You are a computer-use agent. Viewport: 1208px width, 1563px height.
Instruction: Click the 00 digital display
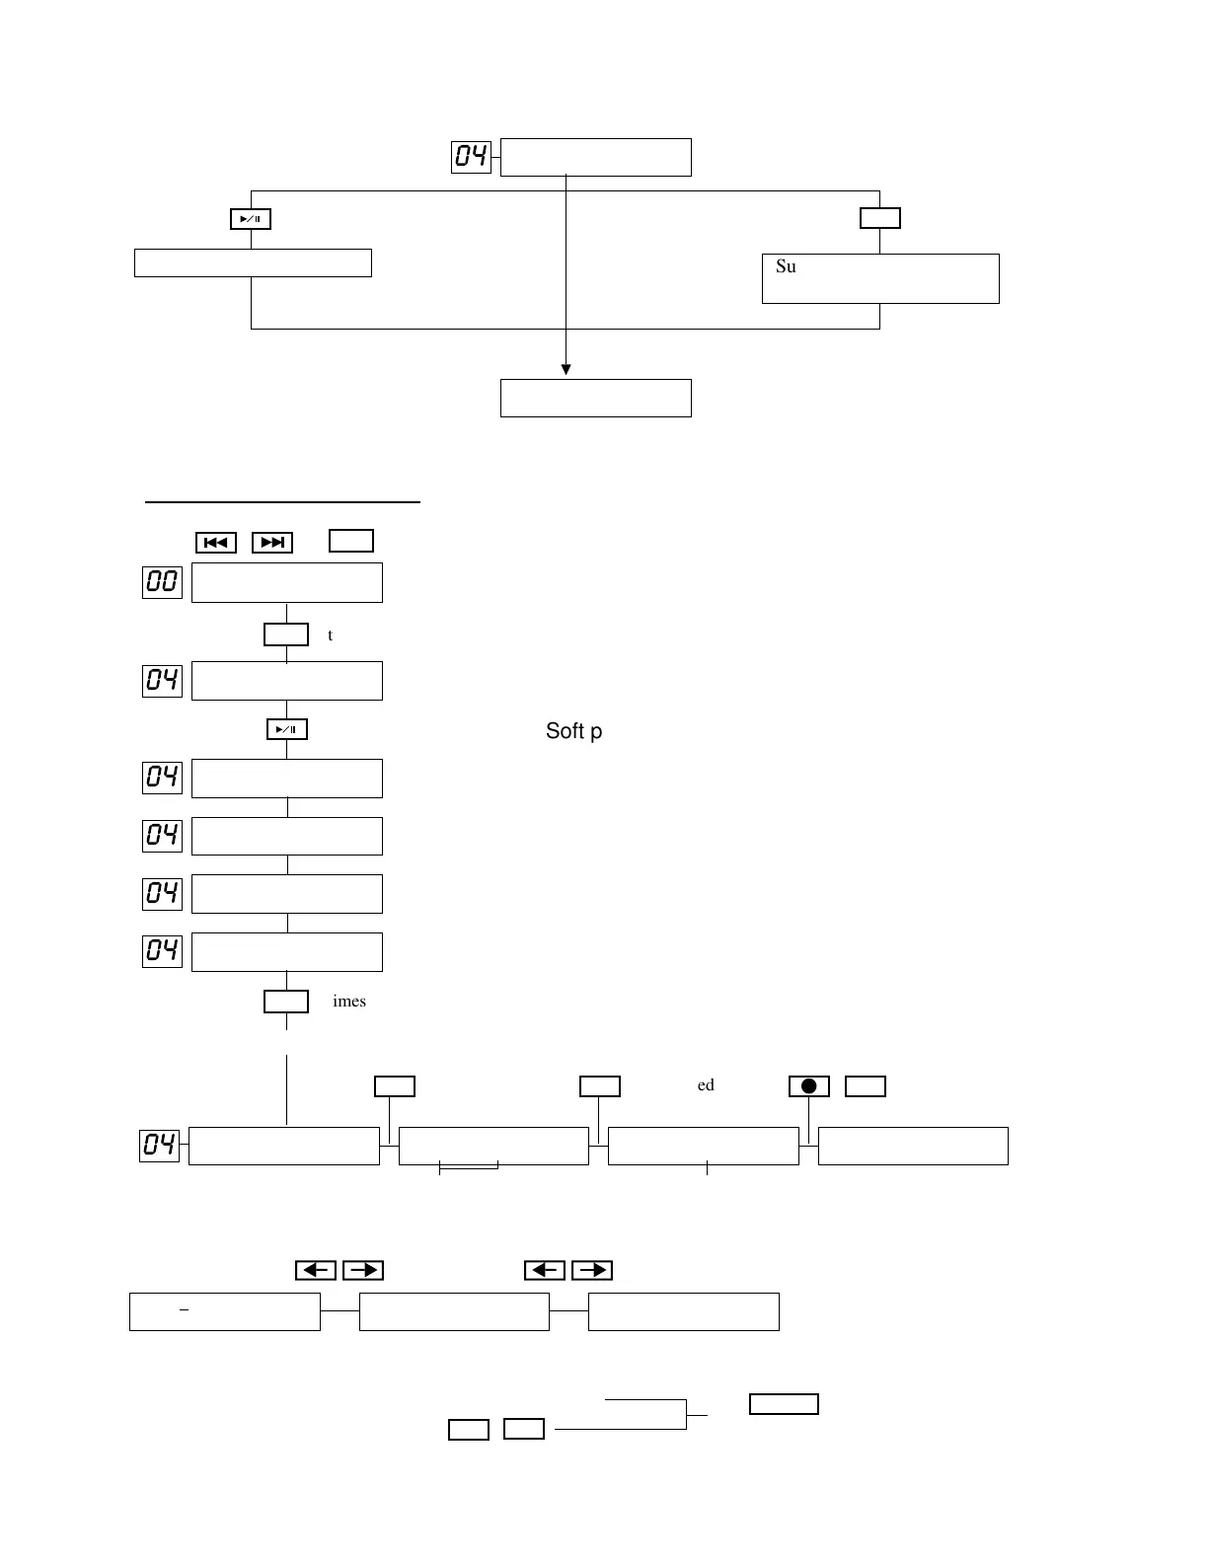click(162, 581)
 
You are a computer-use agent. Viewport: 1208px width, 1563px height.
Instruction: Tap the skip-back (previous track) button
click(216, 543)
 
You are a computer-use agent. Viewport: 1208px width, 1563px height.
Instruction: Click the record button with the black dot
click(808, 1086)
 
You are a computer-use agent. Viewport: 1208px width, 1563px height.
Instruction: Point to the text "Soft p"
click(573, 731)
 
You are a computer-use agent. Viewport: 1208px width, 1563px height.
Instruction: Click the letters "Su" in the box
click(786, 266)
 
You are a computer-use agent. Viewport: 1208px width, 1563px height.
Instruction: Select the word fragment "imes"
click(349, 1002)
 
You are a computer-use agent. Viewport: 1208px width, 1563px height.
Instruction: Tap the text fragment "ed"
click(706, 1085)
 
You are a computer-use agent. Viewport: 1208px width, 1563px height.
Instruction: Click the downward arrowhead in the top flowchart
click(566, 370)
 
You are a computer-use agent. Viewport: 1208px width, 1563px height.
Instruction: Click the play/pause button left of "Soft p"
click(287, 729)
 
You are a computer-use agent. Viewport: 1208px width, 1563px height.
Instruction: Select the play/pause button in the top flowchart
click(251, 219)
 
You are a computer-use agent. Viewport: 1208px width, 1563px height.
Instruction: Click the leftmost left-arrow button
click(316, 1270)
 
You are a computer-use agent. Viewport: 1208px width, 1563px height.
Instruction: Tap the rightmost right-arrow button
click(592, 1270)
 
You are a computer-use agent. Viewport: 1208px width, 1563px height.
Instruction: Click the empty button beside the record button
click(866, 1086)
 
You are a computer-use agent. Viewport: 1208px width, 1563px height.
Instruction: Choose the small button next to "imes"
click(286, 1002)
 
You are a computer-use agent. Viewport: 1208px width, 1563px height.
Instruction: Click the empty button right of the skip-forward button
click(350, 541)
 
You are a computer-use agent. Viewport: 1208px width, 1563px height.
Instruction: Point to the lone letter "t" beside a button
click(330, 635)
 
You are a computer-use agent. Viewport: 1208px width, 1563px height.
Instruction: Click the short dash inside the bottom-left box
click(185, 1308)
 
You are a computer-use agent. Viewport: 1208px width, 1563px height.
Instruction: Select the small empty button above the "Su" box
click(879, 218)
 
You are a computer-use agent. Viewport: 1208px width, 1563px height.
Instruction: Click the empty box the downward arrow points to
click(595, 398)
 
